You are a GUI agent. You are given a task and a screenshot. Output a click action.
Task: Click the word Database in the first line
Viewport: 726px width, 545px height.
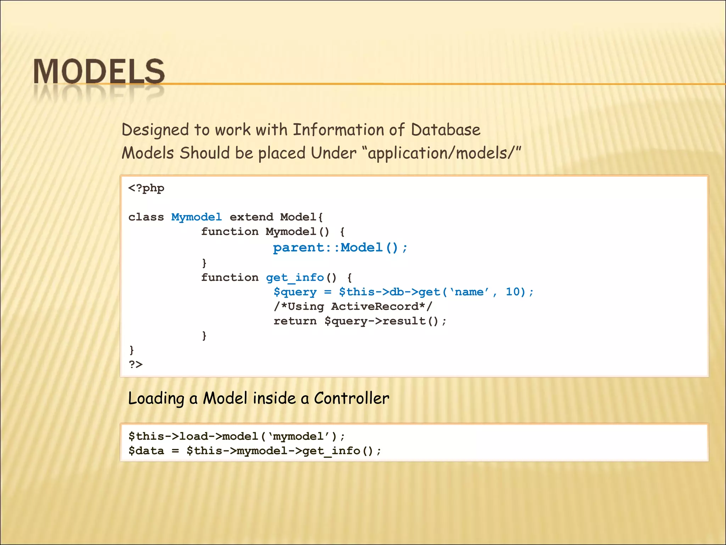pos(446,130)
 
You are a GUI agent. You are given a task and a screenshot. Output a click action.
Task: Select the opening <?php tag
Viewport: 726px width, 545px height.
pos(146,188)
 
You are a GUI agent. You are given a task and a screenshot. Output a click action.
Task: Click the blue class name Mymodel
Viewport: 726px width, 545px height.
pos(196,217)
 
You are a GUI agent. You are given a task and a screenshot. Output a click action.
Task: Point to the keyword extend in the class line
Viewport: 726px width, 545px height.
pos(251,217)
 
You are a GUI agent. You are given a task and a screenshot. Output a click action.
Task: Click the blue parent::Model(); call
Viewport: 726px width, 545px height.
pos(340,247)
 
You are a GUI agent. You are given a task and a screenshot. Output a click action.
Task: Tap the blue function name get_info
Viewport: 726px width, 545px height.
pos(295,277)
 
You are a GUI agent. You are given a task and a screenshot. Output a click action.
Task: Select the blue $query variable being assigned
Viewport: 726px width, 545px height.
pos(295,292)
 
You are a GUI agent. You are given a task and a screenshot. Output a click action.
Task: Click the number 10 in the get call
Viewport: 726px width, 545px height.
pos(513,292)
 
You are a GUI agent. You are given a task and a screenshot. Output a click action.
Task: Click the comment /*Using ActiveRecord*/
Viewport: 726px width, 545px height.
pos(353,307)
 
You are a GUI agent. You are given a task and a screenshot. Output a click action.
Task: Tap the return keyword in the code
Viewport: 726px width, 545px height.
pos(295,321)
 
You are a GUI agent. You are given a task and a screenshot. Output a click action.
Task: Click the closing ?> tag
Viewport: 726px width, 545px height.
pos(135,364)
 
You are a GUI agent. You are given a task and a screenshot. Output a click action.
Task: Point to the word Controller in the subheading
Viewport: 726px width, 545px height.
pos(351,398)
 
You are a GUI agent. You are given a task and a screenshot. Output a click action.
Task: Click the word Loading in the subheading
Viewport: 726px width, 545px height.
pos(156,398)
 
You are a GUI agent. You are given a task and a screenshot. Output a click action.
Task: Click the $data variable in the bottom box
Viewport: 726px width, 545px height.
pos(146,451)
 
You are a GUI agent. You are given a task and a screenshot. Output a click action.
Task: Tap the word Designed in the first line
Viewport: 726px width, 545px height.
pos(155,130)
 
